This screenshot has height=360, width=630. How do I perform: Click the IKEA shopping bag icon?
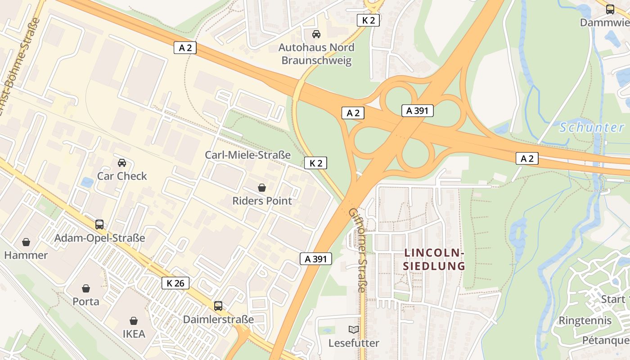pos(134,321)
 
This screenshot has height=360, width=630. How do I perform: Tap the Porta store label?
pos(86,301)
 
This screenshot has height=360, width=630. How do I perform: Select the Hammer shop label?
pos(26,255)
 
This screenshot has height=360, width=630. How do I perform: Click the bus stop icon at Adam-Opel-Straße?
pos(99,224)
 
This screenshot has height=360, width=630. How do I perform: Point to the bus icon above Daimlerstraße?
pos(218,306)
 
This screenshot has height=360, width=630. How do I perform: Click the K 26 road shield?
pos(175,283)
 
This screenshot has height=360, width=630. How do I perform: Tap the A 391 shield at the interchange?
pos(417,111)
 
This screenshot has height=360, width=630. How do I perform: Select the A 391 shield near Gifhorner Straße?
pos(316,259)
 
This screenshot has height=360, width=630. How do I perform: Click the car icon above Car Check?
pos(122,162)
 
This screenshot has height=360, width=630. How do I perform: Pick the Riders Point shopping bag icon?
pos(262,187)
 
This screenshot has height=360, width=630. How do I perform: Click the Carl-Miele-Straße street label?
pos(247,155)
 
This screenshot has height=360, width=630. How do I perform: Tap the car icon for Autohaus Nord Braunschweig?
pos(316,34)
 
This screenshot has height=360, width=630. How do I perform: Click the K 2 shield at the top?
pos(368,20)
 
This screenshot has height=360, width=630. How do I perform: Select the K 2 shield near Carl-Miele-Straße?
pos(315,163)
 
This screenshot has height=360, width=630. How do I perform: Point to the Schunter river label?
pos(592,127)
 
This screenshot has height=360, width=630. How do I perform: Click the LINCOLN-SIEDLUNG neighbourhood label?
pos(434,259)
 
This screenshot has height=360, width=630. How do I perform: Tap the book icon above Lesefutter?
pos(354,329)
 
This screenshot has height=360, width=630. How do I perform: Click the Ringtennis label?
pos(585,320)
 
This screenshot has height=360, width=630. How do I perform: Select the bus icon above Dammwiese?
pos(610,9)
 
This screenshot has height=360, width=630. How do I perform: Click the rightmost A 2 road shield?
pos(527,158)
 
